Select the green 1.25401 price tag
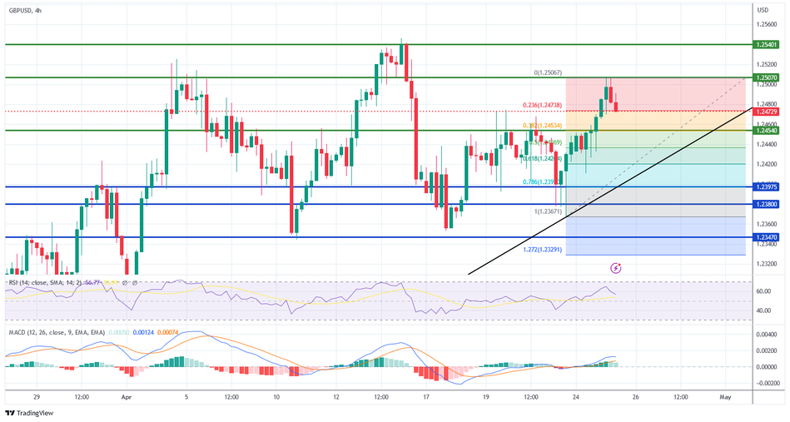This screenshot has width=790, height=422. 768,44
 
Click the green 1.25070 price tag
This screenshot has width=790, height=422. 768,77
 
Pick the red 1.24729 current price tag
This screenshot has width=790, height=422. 768,111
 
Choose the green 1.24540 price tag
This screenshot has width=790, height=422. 768,130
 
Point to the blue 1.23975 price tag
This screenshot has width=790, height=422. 768,186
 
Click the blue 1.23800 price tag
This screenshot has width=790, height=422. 768,204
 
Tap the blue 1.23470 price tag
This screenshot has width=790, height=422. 768,237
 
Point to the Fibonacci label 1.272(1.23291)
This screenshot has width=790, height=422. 544,249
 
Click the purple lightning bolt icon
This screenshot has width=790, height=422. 616,268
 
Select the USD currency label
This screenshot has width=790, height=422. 763,9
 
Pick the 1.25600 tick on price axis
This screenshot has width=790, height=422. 768,24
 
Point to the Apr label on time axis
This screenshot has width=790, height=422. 127,398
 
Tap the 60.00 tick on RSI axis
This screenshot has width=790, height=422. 763,292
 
